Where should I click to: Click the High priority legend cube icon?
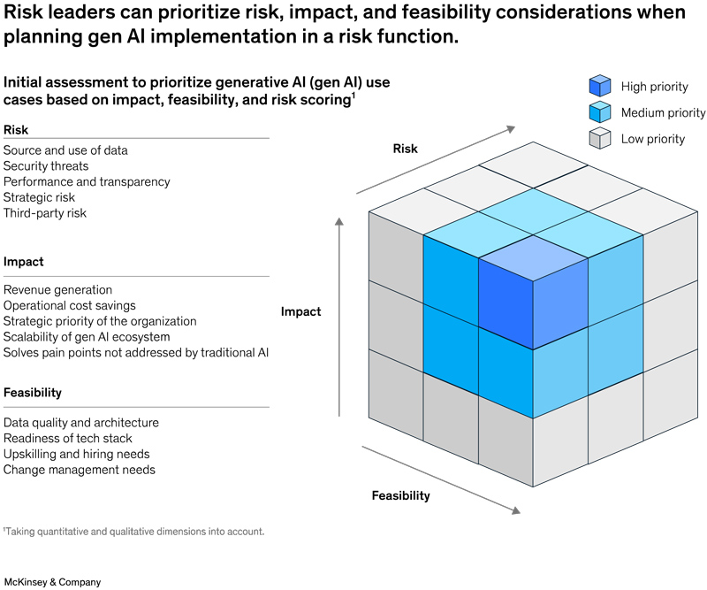click(x=600, y=86)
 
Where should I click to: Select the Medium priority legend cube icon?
click(x=600, y=112)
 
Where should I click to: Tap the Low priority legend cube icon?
click(x=600, y=138)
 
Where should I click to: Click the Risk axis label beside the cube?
click(x=405, y=149)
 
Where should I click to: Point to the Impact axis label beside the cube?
click(x=300, y=311)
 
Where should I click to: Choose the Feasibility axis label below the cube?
click(x=401, y=495)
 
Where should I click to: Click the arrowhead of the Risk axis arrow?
click(x=511, y=129)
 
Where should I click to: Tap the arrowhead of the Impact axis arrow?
click(x=339, y=221)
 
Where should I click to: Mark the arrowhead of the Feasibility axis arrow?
click(x=515, y=510)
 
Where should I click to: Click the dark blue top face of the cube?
click(x=533, y=258)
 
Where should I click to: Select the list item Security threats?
click(x=46, y=166)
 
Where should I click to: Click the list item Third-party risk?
click(x=45, y=213)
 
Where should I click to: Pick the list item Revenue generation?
click(x=57, y=290)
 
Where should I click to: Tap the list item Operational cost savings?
click(x=70, y=305)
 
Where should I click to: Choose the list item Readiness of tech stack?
click(x=68, y=439)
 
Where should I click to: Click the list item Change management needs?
click(x=80, y=470)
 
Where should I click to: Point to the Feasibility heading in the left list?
click(x=33, y=393)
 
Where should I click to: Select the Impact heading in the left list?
click(x=24, y=262)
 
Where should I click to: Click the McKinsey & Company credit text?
click(x=52, y=582)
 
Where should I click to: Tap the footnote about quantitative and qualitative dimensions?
click(x=134, y=532)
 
